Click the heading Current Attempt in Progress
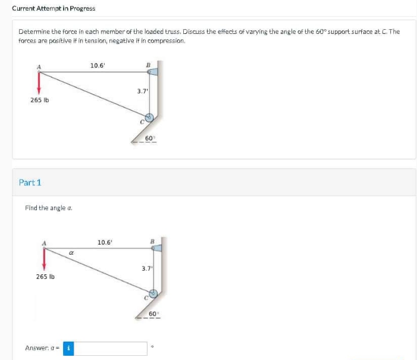[53, 8]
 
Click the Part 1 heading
[30, 183]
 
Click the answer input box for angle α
[111, 348]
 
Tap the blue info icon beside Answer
[69, 348]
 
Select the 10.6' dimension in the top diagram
[97, 65]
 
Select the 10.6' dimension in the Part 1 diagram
[106, 243]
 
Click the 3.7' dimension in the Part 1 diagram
[147, 268]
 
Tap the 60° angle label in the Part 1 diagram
[153, 313]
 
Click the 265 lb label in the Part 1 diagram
[45, 277]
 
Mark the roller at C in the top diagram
[149, 117]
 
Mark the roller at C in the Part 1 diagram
[153, 293]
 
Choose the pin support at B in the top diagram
[152, 71]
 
